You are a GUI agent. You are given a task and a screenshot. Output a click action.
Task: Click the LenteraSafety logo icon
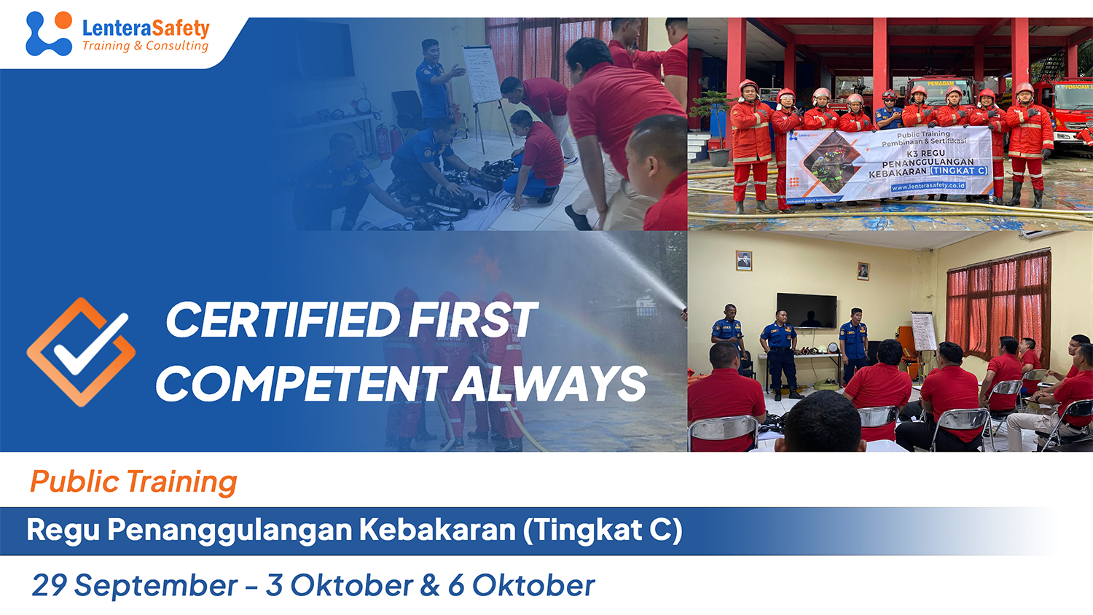49,34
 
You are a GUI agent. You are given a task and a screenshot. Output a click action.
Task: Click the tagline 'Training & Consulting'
145,46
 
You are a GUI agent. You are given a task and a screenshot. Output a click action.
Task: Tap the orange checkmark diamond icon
81,351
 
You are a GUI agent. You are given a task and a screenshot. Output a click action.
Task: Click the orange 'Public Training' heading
133,482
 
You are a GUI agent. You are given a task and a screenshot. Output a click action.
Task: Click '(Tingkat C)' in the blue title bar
603,530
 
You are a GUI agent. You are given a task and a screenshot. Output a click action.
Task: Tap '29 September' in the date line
135,585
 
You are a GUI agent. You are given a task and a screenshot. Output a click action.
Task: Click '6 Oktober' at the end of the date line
521,585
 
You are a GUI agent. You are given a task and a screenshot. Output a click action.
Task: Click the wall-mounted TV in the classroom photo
807,310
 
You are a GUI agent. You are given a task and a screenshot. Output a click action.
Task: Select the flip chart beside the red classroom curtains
924,332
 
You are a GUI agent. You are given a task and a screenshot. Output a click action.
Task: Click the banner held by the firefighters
889,163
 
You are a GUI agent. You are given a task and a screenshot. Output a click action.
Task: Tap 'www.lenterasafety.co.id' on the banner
928,187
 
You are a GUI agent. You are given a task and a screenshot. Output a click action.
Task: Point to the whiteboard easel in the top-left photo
482,77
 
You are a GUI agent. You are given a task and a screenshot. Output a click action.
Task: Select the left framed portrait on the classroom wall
743,260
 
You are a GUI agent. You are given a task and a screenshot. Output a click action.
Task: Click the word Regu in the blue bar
63,530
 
